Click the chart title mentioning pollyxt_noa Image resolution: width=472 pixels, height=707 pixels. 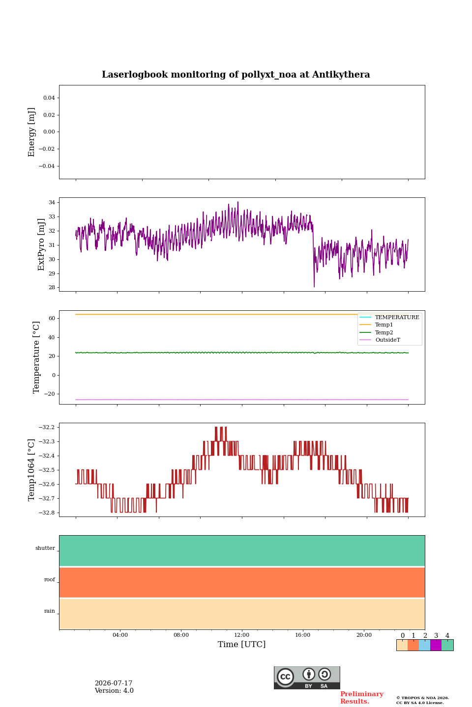(x=236, y=75)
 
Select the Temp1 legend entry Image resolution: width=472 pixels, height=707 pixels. (x=376, y=325)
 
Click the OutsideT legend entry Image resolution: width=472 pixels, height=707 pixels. (x=380, y=340)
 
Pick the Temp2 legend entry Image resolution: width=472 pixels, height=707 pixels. (x=376, y=332)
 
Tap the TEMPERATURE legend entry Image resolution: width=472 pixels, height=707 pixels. (x=389, y=317)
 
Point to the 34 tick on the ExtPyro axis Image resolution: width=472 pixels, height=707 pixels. (x=52, y=202)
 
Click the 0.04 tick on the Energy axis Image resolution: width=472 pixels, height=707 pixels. (x=49, y=98)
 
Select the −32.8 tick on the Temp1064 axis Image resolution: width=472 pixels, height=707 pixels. (x=47, y=513)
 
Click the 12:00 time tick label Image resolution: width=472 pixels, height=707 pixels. (x=241, y=635)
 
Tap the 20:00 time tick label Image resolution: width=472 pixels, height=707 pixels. (x=364, y=635)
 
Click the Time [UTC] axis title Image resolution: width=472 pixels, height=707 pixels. (x=241, y=644)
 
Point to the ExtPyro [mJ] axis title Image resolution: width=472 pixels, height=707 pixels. (x=41, y=245)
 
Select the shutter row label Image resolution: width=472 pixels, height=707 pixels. (x=45, y=548)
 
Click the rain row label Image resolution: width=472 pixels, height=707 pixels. (x=50, y=611)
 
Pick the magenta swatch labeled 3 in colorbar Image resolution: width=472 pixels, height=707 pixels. (x=436, y=645)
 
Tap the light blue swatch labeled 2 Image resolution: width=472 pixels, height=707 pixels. (x=424, y=645)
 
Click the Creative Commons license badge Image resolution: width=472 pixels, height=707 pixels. (x=307, y=678)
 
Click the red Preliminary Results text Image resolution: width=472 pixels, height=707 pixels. (x=362, y=698)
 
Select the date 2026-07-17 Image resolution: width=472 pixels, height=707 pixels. (x=114, y=683)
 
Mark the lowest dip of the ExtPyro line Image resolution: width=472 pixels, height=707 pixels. (x=314, y=287)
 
